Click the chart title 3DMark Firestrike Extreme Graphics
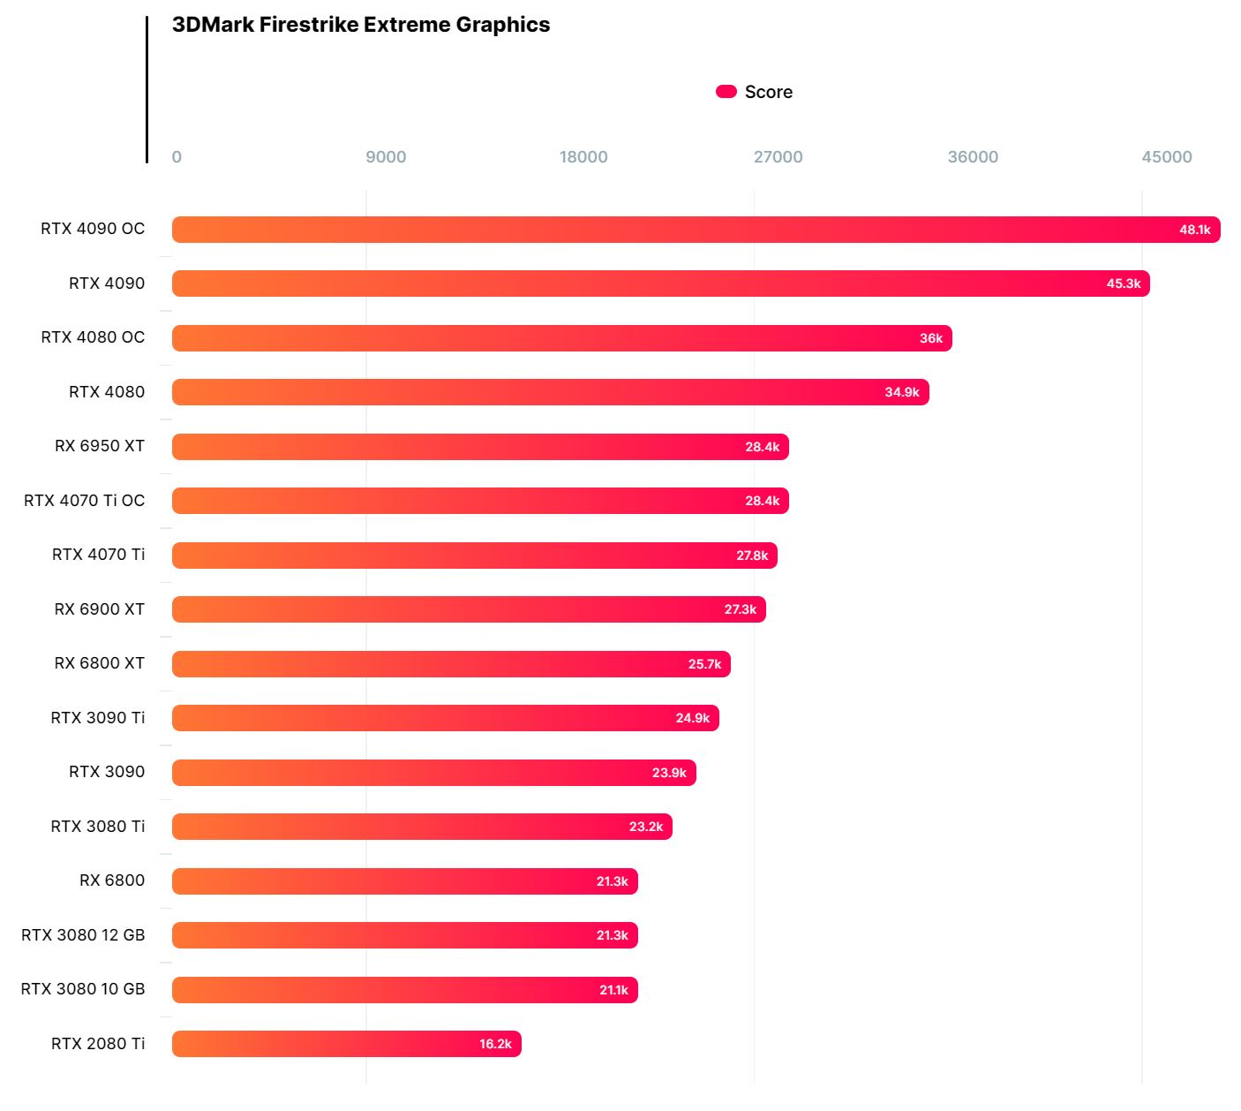(360, 25)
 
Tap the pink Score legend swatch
(726, 92)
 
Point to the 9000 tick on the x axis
(386, 157)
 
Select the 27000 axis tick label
(778, 157)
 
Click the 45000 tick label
(1166, 157)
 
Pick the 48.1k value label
(1194, 230)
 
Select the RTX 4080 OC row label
(93, 337)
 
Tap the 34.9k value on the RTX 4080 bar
(901, 392)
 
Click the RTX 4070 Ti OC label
(84, 501)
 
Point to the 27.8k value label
(752, 555)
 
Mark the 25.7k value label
(704, 664)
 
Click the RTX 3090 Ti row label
(97, 718)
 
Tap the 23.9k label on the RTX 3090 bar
(668, 773)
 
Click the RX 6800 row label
(111, 880)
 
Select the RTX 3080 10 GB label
(82, 989)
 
